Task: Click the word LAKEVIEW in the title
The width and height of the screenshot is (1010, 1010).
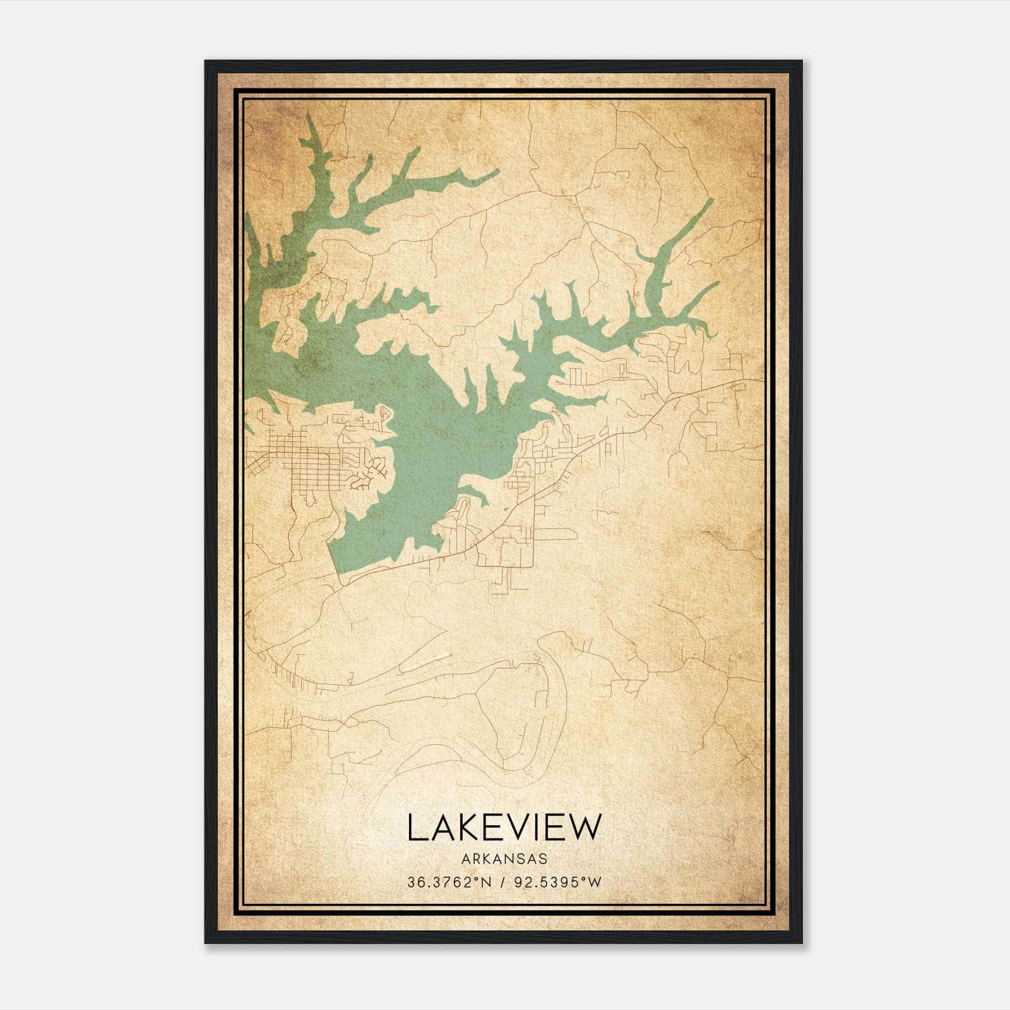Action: (504, 827)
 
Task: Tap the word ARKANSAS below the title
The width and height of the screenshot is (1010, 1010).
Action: (504, 858)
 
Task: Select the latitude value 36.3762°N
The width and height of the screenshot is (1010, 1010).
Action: (448, 882)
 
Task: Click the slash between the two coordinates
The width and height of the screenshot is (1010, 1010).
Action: (504, 882)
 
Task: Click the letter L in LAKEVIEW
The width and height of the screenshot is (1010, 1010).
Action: (415, 827)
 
